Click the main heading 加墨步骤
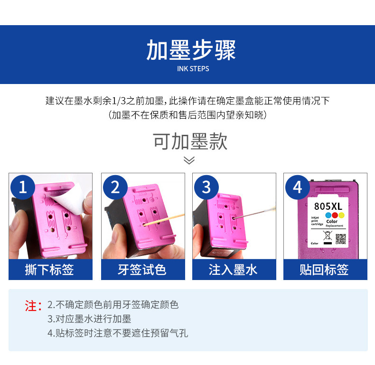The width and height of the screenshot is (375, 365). click(191, 50)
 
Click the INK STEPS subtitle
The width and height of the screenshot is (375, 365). click(193, 69)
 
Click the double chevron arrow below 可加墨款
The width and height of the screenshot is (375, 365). click(189, 160)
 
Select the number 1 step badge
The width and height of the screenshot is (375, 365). click(23, 187)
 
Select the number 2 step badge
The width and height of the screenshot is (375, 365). click(115, 187)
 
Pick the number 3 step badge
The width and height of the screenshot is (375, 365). click(206, 187)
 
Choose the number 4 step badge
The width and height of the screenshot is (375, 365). click(297, 187)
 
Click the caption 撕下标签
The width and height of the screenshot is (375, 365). click(50, 270)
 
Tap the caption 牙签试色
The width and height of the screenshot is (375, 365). click(142, 270)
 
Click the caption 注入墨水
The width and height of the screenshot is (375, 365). click(233, 270)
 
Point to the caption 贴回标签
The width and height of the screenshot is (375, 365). click(325, 270)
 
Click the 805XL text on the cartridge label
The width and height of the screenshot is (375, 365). click(328, 206)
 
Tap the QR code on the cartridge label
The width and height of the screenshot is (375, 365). click(340, 239)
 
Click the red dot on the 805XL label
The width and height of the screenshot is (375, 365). click(335, 215)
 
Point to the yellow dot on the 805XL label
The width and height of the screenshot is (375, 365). click(341, 215)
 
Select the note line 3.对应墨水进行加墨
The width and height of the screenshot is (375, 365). click(89, 319)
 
